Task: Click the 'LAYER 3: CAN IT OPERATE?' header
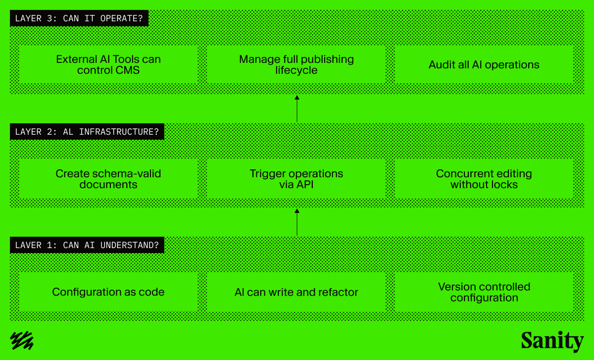[79, 19]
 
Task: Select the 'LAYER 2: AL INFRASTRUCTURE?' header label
[87, 132]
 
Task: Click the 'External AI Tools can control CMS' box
[108, 65]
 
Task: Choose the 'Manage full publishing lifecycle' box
[296, 65]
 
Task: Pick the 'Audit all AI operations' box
[484, 65]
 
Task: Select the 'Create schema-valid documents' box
[108, 179]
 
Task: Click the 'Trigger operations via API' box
[296, 179]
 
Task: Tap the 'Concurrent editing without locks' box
[484, 179]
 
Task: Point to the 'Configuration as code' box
[108, 292]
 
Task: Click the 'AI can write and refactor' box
[296, 292]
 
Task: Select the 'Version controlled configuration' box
[484, 292]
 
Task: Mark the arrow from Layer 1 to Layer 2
[297, 222]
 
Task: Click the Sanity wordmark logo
[552, 341]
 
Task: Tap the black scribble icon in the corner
[22, 340]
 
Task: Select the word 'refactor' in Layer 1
[338, 292]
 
